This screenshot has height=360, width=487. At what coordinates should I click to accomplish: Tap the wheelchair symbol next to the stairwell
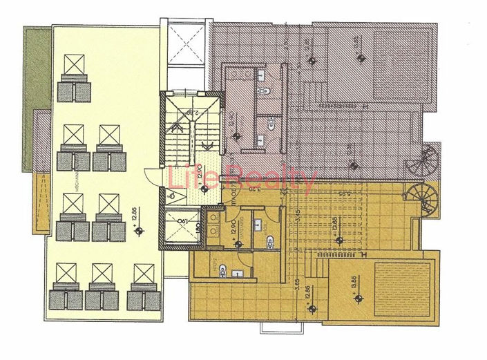[171, 196]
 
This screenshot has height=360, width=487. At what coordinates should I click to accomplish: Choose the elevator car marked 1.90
[180, 225]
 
